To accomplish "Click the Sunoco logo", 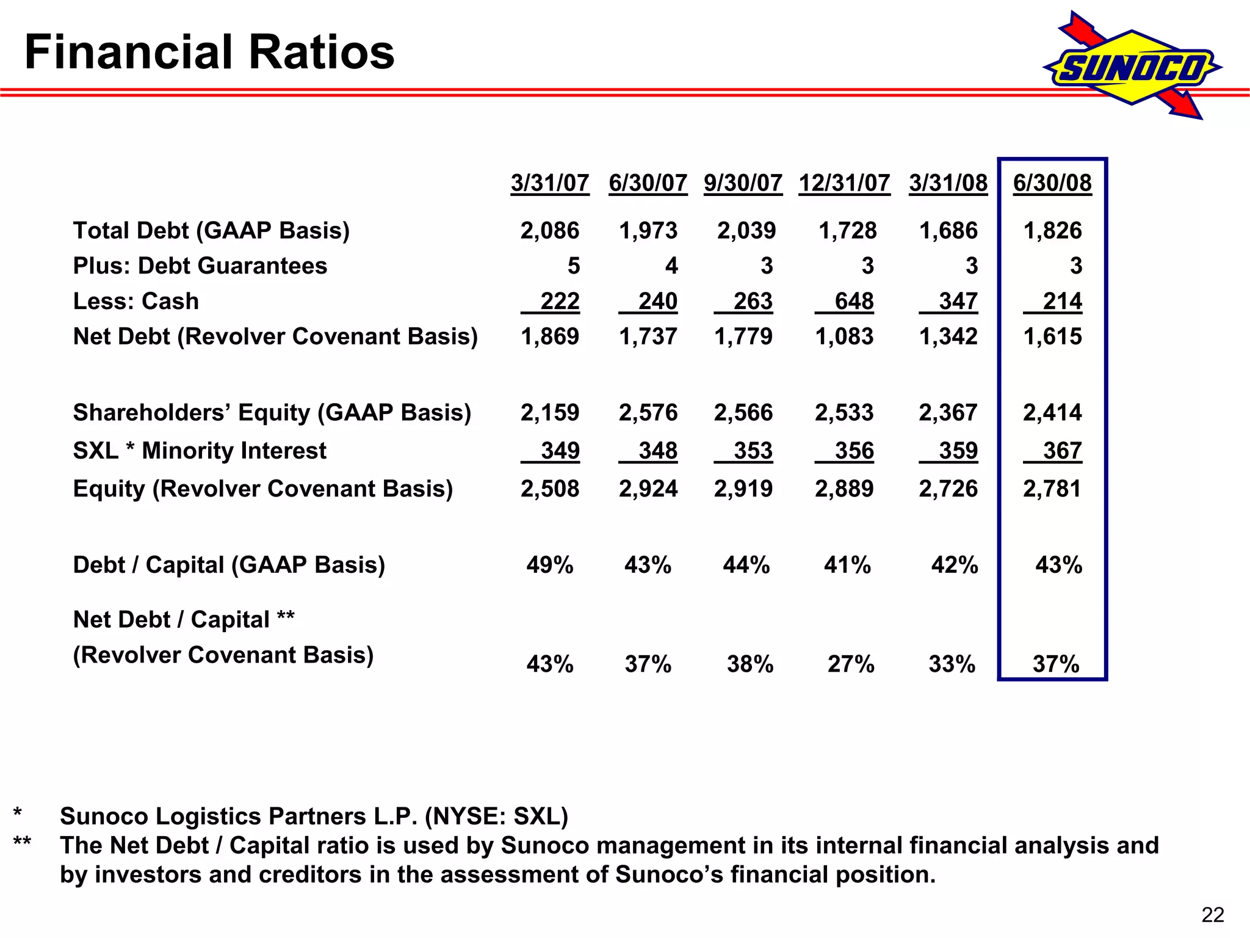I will pos(1132,67).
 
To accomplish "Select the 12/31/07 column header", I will pos(844,183).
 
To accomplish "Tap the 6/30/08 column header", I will pos(1052,183).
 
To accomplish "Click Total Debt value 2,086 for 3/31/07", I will pos(549,231).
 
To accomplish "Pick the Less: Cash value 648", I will pos(853,302).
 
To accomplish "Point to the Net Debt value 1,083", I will pos(844,337).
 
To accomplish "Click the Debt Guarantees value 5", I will pos(573,266).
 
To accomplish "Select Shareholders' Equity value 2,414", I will pos(1052,413).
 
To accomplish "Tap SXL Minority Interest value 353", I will pos(753,451).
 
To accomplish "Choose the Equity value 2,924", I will pos(648,489).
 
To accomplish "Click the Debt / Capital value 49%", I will pos(549,565).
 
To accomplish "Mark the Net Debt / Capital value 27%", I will pos(850,664).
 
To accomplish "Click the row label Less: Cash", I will pos(135,302).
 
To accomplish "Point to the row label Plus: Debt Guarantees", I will pos(200,266).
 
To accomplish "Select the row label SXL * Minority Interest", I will pos(199,451).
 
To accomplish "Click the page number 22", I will pos(1212,915).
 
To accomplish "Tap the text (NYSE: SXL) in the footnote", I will pos(496,816).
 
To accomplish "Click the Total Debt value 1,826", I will pos(1052,231).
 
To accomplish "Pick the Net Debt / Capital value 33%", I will pos(952,664).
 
